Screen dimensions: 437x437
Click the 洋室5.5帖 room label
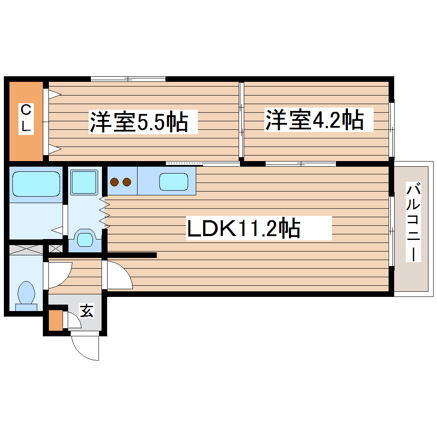coord(138,122)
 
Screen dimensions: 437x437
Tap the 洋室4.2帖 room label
coord(314,120)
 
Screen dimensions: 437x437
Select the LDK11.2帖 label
coord(243,228)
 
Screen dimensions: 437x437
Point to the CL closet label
coord(27,119)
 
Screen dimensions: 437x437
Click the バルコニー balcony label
coord(413,222)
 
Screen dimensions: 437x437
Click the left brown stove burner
coord(115,182)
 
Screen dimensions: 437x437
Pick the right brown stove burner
coord(126,182)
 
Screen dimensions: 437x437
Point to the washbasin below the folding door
coord(85,239)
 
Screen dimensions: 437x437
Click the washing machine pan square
coord(84,182)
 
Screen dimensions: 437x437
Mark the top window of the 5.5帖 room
coord(128,79)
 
